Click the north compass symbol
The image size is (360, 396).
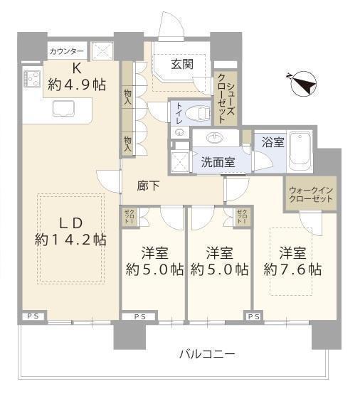pyautogui.click(x=303, y=84)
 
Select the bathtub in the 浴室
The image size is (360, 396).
pyautogui.click(x=300, y=151)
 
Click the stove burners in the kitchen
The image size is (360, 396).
pyautogui.click(x=32, y=79)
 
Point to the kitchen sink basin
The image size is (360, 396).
pyautogui.click(x=63, y=109)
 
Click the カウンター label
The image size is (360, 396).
pyautogui.click(x=66, y=52)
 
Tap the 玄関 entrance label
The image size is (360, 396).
pyautogui.click(x=182, y=64)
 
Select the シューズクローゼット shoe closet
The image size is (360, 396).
pyautogui.click(x=226, y=99)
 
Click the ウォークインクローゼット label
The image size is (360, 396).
pyautogui.click(x=311, y=195)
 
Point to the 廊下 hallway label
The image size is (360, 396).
pyautogui.click(x=148, y=186)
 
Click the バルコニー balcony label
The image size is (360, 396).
pyautogui.click(x=207, y=354)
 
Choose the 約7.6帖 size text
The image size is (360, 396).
pyautogui.click(x=292, y=269)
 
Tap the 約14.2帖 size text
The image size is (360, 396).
pyautogui.click(x=70, y=240)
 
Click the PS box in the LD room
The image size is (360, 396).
pyautogui.click(x=33, y=316)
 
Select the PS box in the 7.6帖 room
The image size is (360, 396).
pyautogui.click(x=253, y=316)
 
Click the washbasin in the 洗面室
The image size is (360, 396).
pyautogui.click(x=215, y=138)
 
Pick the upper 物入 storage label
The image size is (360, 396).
pyautogui.click(x=127, y=97)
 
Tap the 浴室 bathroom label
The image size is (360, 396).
pyautogui.click(x=273, y=142)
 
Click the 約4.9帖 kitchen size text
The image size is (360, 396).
pyautogui.click(x=77, y=85)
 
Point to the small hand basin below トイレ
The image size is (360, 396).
pyautogui.click(x=180, y=132)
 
